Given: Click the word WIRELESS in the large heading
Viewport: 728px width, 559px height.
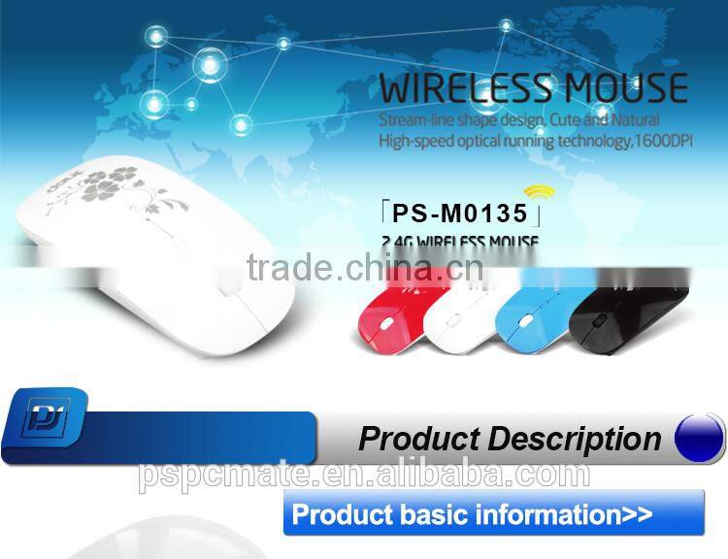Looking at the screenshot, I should [462, 87].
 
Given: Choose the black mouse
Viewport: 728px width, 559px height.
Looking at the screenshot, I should [627, 316].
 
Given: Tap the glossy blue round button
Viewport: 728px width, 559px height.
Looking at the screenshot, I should [699, 436].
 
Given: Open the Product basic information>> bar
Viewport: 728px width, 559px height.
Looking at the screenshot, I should [493, 513].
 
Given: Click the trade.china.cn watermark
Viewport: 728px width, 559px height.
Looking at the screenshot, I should [365, 265].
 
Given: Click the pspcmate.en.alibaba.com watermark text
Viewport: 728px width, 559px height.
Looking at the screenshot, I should [363, 475].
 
